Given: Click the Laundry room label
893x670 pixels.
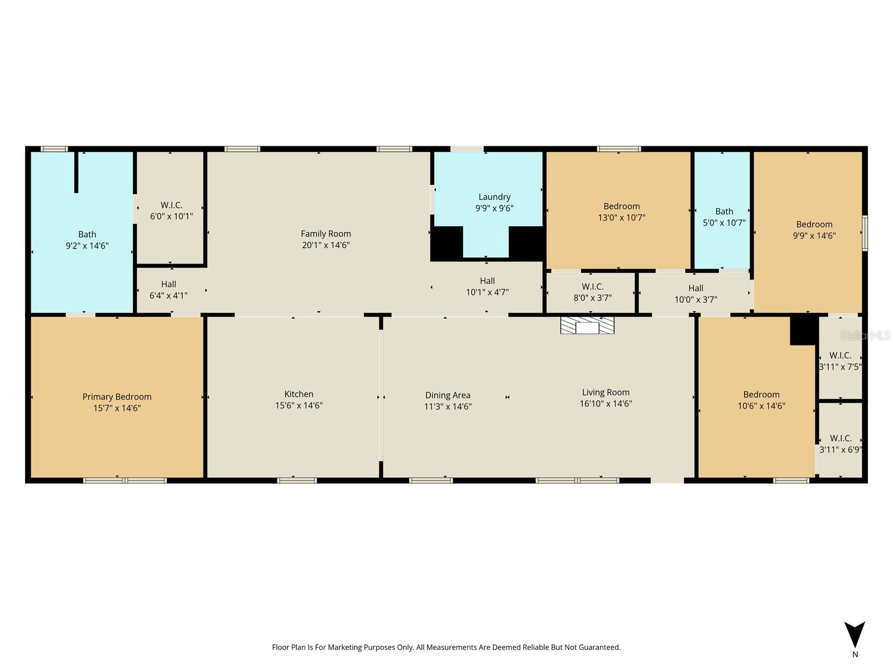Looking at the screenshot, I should [494, 197].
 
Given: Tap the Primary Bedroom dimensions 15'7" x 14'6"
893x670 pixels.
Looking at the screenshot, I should [117, 408].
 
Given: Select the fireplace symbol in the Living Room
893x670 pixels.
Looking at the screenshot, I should [587, 326].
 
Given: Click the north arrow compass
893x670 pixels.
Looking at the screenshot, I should [854, 636].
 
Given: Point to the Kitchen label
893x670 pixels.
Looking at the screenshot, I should [299, 394].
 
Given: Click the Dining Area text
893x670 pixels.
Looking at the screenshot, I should [448, 395].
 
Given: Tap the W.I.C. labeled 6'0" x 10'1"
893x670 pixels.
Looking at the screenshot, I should [171, 210].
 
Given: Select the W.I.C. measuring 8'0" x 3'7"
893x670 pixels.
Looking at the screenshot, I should [592, 292].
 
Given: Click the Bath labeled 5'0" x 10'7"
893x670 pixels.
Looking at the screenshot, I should [724, 217].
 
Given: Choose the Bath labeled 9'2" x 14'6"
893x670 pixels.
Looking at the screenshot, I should [87, 240].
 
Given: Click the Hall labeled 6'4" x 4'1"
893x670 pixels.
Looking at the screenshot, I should [169, 290].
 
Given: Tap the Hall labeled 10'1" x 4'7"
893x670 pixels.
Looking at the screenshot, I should [487, 286].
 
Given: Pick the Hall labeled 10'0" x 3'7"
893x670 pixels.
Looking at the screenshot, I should [695, 294].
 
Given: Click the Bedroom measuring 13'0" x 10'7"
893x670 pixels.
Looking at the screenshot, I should [621, 212].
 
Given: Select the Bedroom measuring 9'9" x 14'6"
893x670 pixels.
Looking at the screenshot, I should [814, 229].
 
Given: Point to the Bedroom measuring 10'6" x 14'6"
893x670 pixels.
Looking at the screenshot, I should [761, 400].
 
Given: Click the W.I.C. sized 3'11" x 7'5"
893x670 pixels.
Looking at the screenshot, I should [840, 361].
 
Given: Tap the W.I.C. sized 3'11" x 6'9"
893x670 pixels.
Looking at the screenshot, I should [840, 443].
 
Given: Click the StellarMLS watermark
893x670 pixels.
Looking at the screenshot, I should [865, 335].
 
